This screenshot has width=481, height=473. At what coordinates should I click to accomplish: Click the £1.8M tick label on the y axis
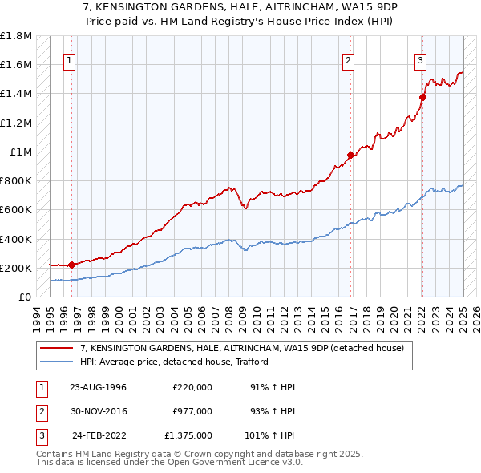click(x=16, y=36)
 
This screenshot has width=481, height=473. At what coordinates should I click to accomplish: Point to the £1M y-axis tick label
click(x=21, y=152)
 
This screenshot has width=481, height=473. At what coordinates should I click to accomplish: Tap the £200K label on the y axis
click(x=16, y=268)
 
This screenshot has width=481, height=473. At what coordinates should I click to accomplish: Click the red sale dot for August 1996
click(x=71, y=265)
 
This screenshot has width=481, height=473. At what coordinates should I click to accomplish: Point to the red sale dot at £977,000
click(x=351, y=155)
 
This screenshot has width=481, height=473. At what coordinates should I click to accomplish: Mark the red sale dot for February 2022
click(x=422, y=97)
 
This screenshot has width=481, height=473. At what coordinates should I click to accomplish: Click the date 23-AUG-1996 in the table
click(x=98, y=387)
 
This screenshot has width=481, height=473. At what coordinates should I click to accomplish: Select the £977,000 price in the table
click(x=192, y=411)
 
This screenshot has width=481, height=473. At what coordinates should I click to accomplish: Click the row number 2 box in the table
click(x=39, y=411)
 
